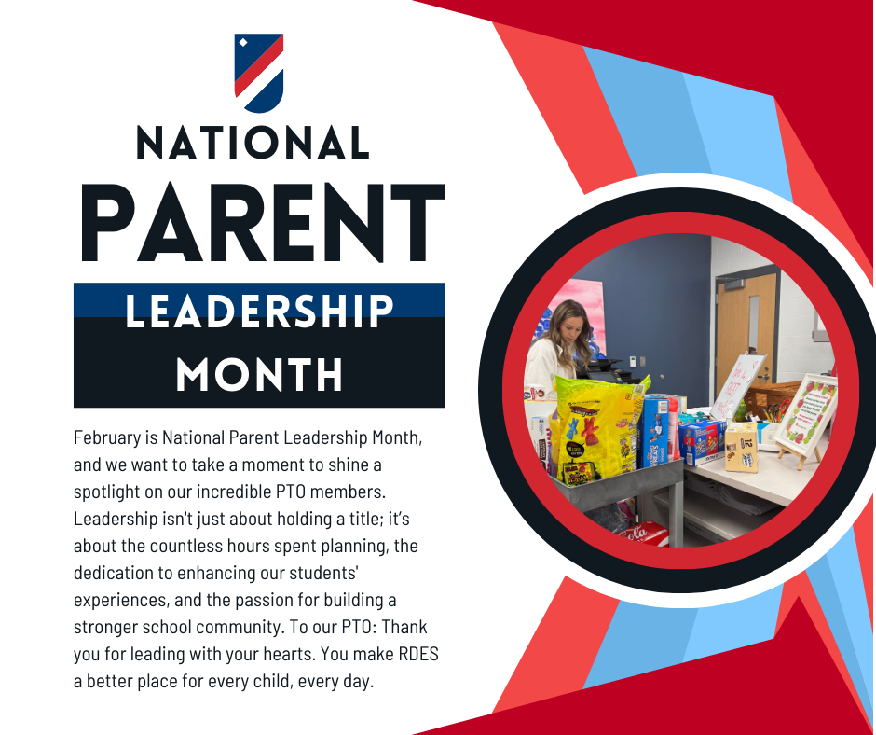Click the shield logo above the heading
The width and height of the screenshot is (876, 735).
259,73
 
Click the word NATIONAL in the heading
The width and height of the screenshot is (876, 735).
253,143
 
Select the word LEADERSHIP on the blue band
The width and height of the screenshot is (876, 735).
259,311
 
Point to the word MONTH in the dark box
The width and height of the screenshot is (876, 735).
259,374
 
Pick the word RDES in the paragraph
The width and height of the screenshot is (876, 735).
418,654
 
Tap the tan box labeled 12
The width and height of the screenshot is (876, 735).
742,447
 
